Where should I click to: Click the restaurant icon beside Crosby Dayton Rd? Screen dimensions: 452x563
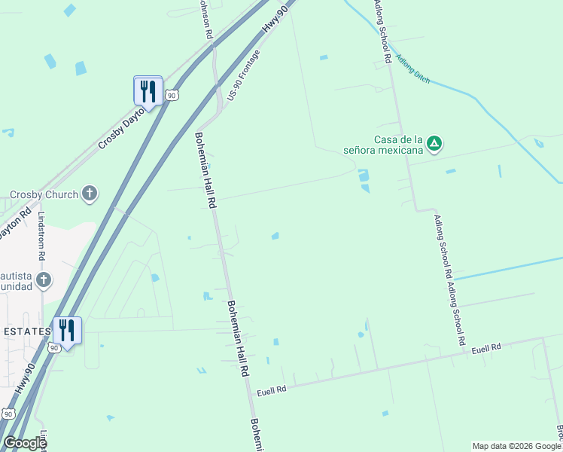click(x=148, y=92)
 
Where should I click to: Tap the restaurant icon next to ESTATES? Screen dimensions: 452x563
click(x=67, y=331)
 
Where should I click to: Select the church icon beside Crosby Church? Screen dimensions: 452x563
click(x=90, y=194)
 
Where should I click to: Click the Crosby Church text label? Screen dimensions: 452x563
click(x=44, y=195)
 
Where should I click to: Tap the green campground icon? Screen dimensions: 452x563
click(x=434, y=142)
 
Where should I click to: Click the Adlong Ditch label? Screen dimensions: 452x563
click(x=412, y=69)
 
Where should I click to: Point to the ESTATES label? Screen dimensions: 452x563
click(x=26, y=331)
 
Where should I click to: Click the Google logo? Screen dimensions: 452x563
click(x=24, y=443)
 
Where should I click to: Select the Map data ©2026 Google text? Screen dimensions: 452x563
click(x=516, y=446)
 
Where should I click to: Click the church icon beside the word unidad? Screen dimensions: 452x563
click(x=44, y=280)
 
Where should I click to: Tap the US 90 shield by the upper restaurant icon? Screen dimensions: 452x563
click(x=172, y=95)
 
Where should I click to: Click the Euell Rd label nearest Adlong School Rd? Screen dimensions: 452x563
click(x=486, y=349)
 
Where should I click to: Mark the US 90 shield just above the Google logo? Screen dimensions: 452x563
click(x=8, y=414)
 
